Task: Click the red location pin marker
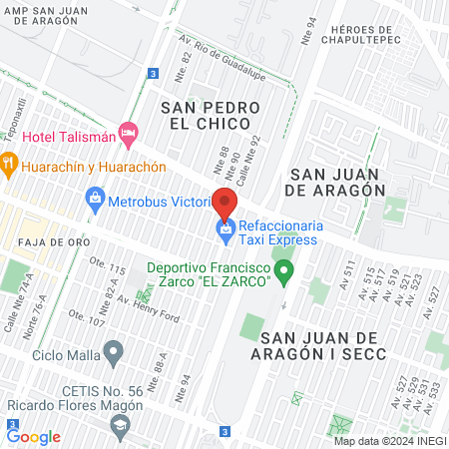[224, 204]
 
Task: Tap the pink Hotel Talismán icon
[127, 132]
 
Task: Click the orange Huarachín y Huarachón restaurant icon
[8, 161]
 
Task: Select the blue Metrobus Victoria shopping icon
[95, 197]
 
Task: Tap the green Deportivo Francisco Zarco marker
[284, 270]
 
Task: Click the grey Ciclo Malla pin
[114, 351]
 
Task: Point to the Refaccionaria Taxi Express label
[278, 231]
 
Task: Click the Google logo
[34, 436]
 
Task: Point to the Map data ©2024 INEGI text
[388, 441]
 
